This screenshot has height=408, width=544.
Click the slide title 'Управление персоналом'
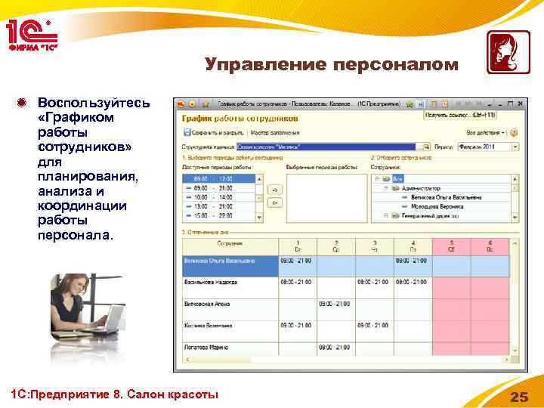[x=331, y=65]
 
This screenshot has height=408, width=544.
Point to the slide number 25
[x=519, y=397]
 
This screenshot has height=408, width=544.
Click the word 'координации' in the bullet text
[x=74, y=206]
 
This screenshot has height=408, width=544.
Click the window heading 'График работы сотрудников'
[x=240, y=118]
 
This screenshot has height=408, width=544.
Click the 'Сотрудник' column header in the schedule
[x=230, y=245]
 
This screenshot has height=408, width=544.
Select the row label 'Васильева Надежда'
[x=211, y=282]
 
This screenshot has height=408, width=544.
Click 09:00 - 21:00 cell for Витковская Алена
[x=335, y=304]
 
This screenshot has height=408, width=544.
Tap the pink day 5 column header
[x=451, y=245]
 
